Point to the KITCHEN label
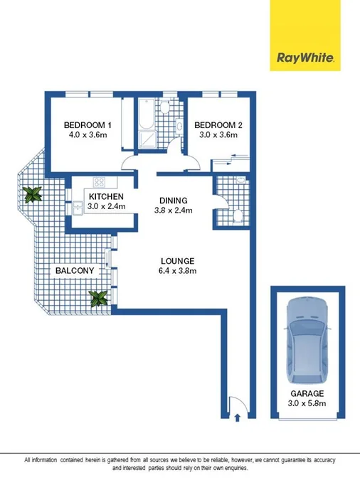107,197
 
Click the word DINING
174,200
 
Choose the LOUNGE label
178,260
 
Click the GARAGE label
307,393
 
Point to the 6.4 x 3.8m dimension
178,270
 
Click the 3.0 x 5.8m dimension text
307,403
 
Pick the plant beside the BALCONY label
99,298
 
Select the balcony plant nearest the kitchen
32,194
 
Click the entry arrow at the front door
236,418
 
